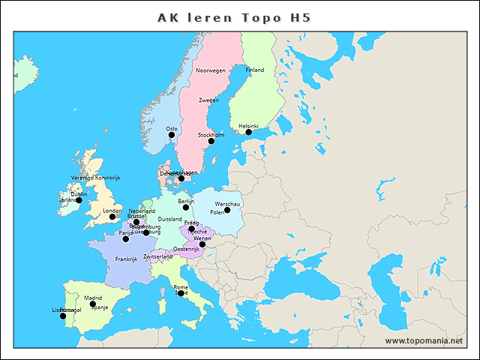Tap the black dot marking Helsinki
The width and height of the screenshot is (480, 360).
coord(249,133)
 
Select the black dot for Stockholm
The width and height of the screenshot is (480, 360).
coord(211,141)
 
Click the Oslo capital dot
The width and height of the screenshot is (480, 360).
coord(172,135)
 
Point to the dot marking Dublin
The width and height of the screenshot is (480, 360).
coord(79,201)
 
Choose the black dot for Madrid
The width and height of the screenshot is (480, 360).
coord(93,304)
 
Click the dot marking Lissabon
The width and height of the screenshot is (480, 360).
coord(63,316)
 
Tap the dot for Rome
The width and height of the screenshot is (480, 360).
coord(181,293)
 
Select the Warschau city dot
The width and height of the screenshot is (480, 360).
coord(227,210)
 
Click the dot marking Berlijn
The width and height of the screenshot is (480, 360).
coord(186,208)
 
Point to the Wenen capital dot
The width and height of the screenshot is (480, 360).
coord(202,244)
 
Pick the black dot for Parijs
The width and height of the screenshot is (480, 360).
coord(126,239)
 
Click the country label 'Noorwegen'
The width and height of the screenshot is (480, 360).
coord(210,70)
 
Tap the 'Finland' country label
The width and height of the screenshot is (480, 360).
coord(255,70)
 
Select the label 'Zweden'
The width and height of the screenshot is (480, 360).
coord(208,100)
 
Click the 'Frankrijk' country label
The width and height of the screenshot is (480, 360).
coord(126,259)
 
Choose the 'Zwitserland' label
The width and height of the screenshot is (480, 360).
coord(163,256)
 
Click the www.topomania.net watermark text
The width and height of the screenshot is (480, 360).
coord(424,340)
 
